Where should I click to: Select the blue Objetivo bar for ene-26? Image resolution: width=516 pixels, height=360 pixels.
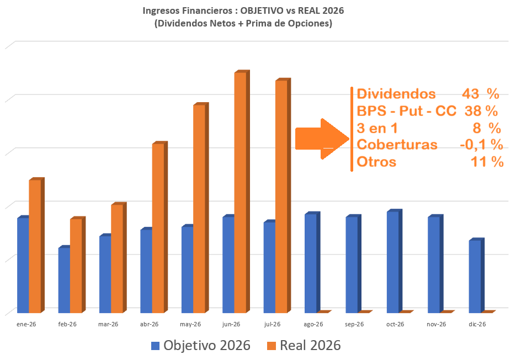[23, 264]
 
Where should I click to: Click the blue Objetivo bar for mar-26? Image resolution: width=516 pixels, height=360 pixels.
[105, 274]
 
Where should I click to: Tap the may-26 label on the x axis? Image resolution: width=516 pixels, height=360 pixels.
[190, 324]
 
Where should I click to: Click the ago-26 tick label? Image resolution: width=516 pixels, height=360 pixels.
[313, 324]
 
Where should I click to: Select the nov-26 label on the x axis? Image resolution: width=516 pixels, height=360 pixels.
[437, 324]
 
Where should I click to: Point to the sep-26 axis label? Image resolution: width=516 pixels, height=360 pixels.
[354, 324]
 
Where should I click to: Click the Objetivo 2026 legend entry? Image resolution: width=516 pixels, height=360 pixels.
[201, 345]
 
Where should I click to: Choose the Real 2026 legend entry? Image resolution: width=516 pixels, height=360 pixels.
[304, 345]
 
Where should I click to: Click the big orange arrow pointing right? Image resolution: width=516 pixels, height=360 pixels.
[322, 139]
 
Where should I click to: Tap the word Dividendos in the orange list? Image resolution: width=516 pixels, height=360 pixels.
[396, 94]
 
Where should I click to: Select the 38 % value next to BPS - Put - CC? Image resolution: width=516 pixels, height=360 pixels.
[481, 111]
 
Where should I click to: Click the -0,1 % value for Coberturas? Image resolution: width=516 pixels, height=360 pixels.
[481, 145]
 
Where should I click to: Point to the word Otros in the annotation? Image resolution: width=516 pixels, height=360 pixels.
[376, 162]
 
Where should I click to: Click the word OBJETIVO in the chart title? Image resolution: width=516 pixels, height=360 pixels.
[262, 10]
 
